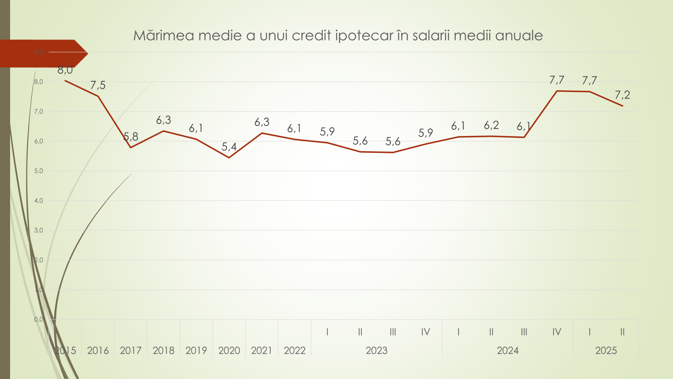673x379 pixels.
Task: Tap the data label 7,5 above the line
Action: click(98, 85)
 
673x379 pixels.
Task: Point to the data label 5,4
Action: click(229, 147)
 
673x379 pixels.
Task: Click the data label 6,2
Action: click(491, 125)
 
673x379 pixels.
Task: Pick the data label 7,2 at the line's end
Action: click(623, 95)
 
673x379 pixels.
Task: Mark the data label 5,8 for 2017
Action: click(131, 136)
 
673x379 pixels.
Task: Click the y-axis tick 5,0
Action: click(39, 171)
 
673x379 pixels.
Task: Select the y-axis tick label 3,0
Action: click(39, 230)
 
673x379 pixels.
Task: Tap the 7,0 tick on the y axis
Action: click(39, 112)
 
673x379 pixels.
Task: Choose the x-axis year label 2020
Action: click(229, 350)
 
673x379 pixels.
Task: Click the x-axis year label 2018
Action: click(164, 350)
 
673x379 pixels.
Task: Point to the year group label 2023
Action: click(376, 350)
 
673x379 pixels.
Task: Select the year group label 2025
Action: click(606, 350)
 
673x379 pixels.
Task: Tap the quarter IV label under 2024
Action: click(557, 332)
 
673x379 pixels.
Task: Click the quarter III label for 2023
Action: click(393, 332)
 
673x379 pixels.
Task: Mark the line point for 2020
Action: click(229, 157)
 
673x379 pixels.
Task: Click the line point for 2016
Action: click(98, 96)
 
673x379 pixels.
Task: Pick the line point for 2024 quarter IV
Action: click(557, 91)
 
